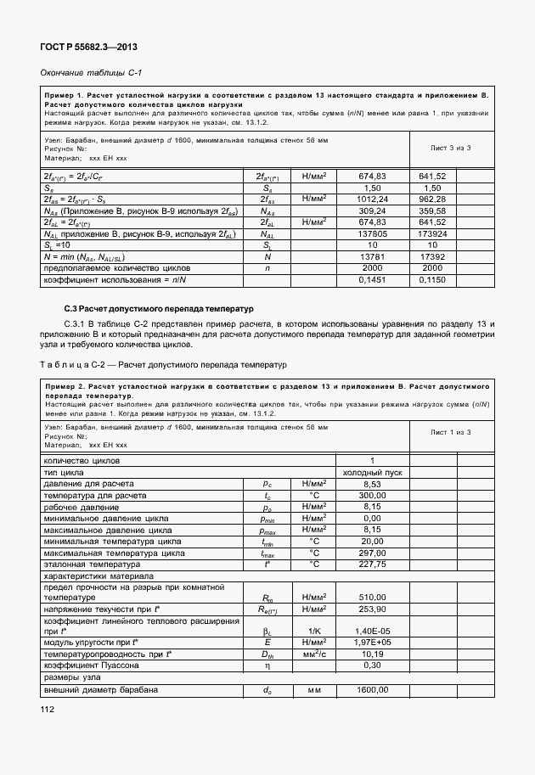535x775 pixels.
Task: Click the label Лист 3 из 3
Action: pyautogui.click(x=450, y=148)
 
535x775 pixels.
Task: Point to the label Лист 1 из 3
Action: pyautogui.click(x=450, y=432)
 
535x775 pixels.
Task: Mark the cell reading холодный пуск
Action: pyautogui.click(x=371, y=471)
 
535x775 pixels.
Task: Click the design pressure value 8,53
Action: pyautogui.click(x=371, y=483)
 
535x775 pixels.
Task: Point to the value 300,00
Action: pyautogui.click(x=371, y=495)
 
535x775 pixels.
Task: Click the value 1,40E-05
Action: pyautogui.click(x=371, y=632)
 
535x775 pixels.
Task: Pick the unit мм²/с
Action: pyautogui.click(x=313, y=654)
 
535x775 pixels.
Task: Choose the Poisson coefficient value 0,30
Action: pyautogui.click(x=371, y=666)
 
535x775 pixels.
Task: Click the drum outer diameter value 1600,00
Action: pyautogui.click(x=371, y=690)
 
